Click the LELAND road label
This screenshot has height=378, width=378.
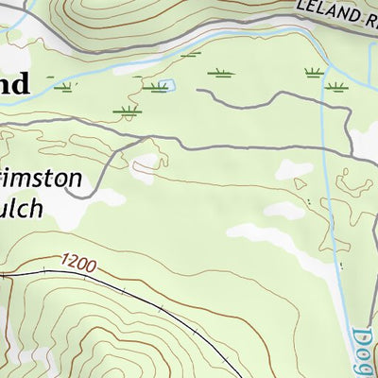pyautogui.click(x=330, y=14)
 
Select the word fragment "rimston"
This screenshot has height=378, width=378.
pyautogui.click(x=47, y=180)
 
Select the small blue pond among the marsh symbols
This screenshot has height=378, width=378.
pyautogui.click(x=166, y=87)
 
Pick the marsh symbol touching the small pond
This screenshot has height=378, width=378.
pyautogui.click(x=154, y=88)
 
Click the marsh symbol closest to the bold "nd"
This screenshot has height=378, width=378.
pyautogui.click(x=64, y=88)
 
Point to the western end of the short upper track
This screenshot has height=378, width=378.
pyautogui.click(x=198, y=93)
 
